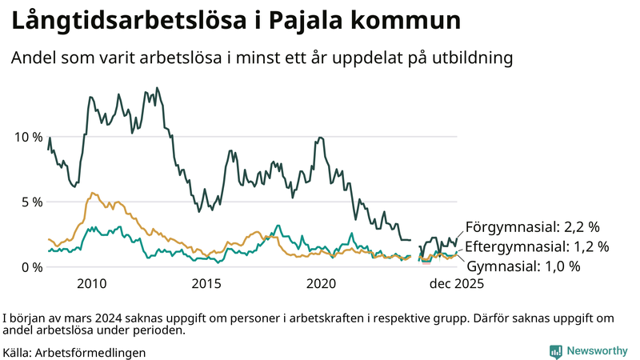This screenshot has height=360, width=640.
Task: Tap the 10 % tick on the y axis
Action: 29,137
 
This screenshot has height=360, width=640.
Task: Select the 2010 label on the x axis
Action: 92,284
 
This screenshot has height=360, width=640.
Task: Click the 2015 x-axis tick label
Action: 206,284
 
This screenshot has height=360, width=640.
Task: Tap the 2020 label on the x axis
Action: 321,284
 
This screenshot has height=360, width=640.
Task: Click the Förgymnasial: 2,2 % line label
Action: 532,228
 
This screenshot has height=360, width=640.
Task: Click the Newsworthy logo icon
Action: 555,351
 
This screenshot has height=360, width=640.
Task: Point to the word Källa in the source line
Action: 17,352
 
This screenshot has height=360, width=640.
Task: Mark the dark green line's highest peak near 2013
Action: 157,88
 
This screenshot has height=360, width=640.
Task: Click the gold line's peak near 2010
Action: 93,193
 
